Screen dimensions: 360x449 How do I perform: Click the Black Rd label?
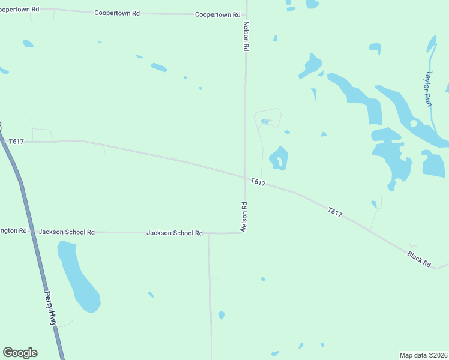click(x=419, y=259)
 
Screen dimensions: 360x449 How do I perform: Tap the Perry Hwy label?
click(x=50, y=308)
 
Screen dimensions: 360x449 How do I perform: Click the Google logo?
click(x=20, y=353)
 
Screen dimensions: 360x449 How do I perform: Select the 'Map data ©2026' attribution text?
click(x=424, y=355)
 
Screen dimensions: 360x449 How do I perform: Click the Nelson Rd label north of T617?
click(x=246, y=37)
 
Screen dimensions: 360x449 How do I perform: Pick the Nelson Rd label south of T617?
click(x=244, y=217)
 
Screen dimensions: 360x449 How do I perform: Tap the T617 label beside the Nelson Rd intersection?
click(x=258, y=182)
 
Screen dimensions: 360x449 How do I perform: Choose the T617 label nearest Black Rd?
click(x=335, y=212)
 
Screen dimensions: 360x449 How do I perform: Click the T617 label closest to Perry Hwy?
click(x=17, y=141)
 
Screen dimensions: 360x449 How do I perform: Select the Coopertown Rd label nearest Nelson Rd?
click(x=217, y=14)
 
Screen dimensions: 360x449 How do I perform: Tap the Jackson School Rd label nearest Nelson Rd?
click(x=174, y=233)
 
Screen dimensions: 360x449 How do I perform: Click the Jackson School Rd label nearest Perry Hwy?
click(x=67, y=232)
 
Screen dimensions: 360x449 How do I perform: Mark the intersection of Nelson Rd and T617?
click(x=245, y=176)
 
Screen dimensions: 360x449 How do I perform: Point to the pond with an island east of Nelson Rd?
click(x=279, y=158)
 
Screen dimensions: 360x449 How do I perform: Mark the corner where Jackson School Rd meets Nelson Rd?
click(x=244, y=233)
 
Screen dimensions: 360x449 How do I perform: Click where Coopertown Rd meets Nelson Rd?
click(x=246, y=15)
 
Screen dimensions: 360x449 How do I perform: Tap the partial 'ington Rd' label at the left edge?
click(x=14, y=230)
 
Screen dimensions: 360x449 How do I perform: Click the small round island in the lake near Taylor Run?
click(x=414, y=124)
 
